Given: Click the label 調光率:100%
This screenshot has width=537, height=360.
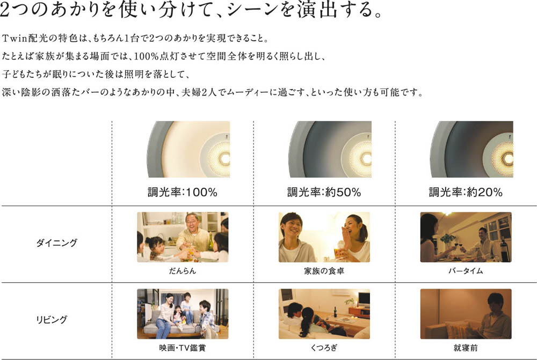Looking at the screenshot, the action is pyautogui.click(x=183, y=192).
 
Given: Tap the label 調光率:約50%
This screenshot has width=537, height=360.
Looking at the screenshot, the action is pyautogui.click(x=324, y=192).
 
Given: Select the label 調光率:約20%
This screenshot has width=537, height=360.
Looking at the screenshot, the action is pyautogui.click(x=466, y=192).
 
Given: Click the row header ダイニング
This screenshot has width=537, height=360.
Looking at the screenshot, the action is pyautogui.click(x=57, y=243).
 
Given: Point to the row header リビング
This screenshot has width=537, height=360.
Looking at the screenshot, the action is pyautogui.click(x=52, y=320).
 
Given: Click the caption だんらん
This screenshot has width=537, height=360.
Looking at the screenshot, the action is pyautogui.click(x=183, y=271).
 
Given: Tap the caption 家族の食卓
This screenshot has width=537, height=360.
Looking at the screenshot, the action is pyautogui.click(x=324, y=271).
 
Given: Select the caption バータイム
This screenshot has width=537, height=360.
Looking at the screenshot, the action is pyautogui.click(x=466, y=271).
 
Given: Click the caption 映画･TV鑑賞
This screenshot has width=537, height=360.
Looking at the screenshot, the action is pyautogui.click(x=183, y=348).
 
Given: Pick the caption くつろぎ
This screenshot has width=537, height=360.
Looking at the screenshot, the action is pyautogui.click(x=324, y=348).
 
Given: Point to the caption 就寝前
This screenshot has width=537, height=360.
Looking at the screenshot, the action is pyautogui.click(x=466, y=348).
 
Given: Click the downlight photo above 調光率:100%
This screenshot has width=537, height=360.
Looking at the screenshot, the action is pyautogui.click(x=188, y=149).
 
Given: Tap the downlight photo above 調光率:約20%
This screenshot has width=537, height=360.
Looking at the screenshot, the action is pyautogui.click(x=471, y=149).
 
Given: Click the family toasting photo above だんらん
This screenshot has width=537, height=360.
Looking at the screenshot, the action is pyautogui.click(x=183, y=237).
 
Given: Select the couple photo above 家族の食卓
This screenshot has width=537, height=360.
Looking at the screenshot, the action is pyautogui.click(x=324, y=237).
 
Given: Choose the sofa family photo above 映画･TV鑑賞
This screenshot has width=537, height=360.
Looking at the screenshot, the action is pyautogui.click(x=183, y=314).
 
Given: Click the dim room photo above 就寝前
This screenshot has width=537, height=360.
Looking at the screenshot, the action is pyautogui.click(x=466, y=314).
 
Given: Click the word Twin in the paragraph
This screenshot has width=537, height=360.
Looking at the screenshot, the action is pyautogui.click(x=14, y=38).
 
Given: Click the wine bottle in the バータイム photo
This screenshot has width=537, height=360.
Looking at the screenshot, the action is pyautogui.click(x=504, y=250).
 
